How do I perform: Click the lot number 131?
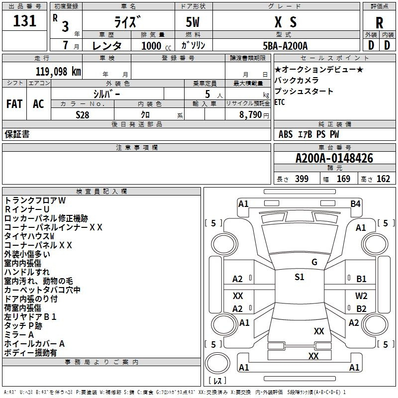tap(24, 21)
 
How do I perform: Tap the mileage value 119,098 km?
tap(58, 72)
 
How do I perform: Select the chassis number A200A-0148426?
tap(334, 158)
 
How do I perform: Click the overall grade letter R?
tap(379, 23)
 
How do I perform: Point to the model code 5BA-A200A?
tap(285, 46)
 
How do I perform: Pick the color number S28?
tap(83, 115)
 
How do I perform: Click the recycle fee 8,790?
tap(251, 115)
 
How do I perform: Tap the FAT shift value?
tap(14, 104)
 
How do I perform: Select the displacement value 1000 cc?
tap(156, 46)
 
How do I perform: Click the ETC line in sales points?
tap(280, 102)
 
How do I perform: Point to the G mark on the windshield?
tap(314, 262)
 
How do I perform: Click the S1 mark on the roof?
tap(299, 277)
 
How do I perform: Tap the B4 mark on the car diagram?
tap(355, 204)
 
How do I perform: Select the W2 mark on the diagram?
tap(361, 296)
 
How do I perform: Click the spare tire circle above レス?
tap(217, 363)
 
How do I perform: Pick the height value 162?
tap(383, 179)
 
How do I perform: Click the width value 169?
tap(343, 179)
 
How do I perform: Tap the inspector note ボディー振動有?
tap(30, 353)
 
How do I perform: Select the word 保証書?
tap(17, 134)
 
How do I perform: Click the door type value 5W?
tap(193, 22)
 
